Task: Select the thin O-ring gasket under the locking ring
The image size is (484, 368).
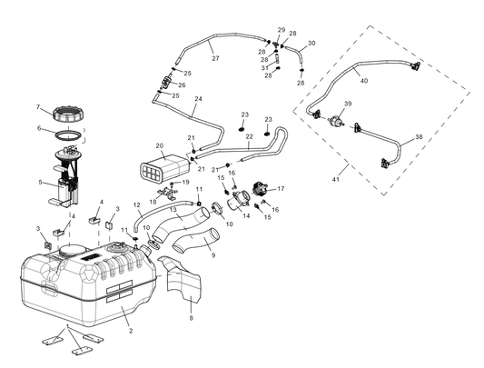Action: click(64, 138)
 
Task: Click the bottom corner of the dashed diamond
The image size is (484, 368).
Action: click(387, 195)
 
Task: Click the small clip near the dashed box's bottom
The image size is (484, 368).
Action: click(385, 164)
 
